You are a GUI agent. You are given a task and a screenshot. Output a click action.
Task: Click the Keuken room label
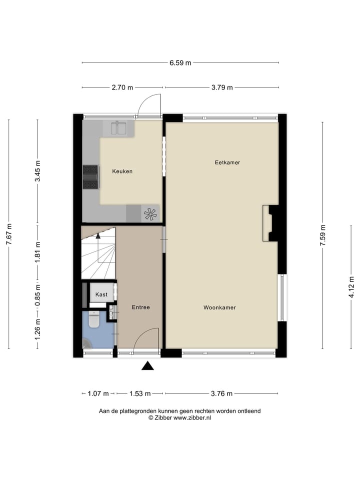(x=122, y=171)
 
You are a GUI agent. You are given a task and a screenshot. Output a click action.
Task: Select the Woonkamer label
(x=219, y=307)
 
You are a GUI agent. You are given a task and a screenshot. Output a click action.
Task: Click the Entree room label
(x=140, y=307)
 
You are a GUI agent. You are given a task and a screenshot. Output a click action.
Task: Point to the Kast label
(x=101, y=294)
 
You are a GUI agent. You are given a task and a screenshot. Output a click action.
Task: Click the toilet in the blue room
(x=94, y=320)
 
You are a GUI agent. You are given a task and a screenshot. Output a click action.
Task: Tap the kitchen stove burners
(x=90, y=177)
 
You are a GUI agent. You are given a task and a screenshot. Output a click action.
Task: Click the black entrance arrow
(x=147, y=366)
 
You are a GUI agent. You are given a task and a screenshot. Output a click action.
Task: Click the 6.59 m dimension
(x=180, y=63)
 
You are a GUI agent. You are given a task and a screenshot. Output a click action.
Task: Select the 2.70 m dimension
(x=122, y=87)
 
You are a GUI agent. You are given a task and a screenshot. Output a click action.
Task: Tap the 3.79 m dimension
(x=222, y=87)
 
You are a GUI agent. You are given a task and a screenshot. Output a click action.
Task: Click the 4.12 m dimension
(x=351, y=286)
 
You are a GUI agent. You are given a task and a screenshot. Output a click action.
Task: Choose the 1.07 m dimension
(x=98, y=393)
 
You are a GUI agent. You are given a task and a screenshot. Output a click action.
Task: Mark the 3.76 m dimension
(x=221, y=393)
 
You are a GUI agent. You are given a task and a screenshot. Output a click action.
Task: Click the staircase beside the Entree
(x=98, y=252)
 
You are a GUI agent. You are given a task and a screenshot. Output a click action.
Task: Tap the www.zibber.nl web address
(x=192, y=417)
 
